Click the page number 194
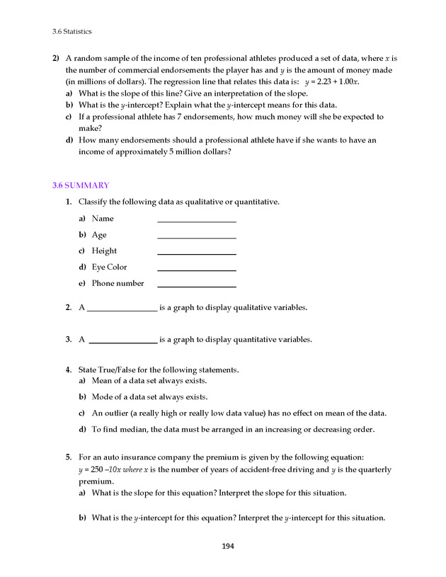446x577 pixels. click(227, 546)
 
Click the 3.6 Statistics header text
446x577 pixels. click(72, 31)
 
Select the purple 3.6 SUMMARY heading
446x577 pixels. click(81, 185)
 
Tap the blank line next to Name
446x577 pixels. click(196, 221)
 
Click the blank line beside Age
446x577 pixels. click(196, 237)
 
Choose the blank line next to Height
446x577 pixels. click(196, 253)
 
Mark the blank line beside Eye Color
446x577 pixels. click(196, 270)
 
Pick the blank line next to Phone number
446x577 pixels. click(196, 286)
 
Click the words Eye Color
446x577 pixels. click(109, 267)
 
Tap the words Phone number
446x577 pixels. click(118, 283)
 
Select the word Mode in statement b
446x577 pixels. click(103, 396)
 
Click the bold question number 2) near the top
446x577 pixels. click(55, 57)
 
